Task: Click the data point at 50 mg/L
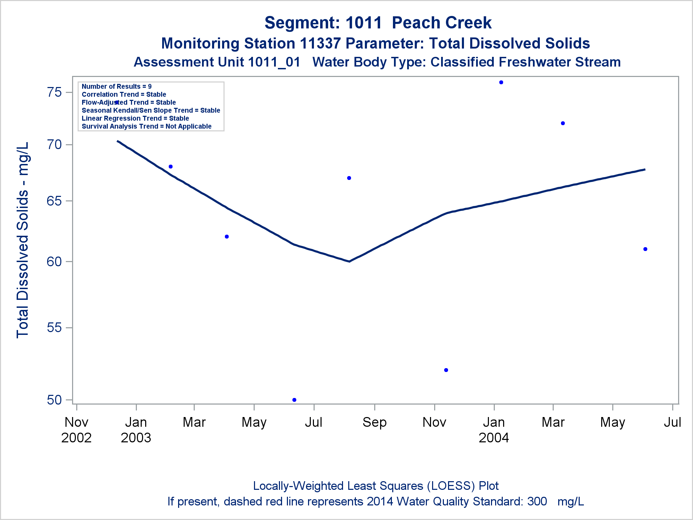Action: tap(294, 400)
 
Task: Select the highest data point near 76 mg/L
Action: tap(501, 83)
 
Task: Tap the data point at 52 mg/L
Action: tap(446, 370)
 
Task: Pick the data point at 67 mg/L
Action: tap(349, 178)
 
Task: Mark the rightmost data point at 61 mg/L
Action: tap(645, 249)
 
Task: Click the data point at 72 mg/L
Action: tap(563, 123)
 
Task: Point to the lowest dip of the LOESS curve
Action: tap(349, 261)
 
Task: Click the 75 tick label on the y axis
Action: tap(54, 92)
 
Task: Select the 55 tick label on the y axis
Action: tap(54, 328)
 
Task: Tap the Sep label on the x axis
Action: tap(374, 422)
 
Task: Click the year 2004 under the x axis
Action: tap(494, 438)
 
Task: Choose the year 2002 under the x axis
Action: tap(76, 438)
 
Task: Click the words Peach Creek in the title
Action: tap(441, 23)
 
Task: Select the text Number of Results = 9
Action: tap(116, 86)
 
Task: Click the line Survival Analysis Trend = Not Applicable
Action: tap(147, 126)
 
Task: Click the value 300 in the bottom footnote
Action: tap(537, 501)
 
